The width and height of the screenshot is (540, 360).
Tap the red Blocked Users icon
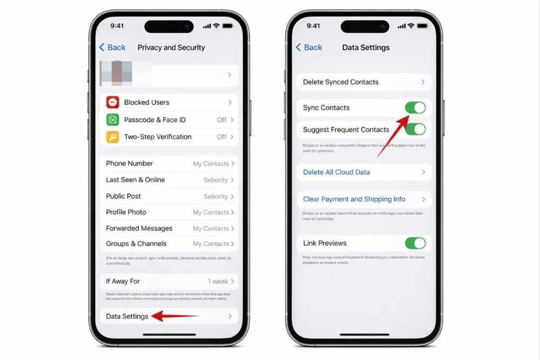pyautogui.click(x=112, y=103)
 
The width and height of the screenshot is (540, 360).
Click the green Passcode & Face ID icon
pyautogui.click(x=112, y=120)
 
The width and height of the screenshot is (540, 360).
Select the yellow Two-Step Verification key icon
pyautogui.click(x=112, y=137)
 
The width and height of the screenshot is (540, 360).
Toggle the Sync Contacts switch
pyautogui.click(x=415, y=108)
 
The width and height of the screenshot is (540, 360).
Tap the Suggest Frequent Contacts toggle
pyautogui.click(x=415, y=130)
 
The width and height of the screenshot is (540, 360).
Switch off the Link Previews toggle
pyautogui.click(x=415, y=243)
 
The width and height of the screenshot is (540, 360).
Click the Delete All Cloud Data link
pyautogui.click(x=336, y=172)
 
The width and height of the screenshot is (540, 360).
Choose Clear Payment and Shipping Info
pyautogui.click(x=354, y=199)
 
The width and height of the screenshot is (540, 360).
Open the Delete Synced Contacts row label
pyautogui.click(x=340, y=82)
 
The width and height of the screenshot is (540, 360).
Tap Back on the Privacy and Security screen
pyautogui.click(x=112, y=47)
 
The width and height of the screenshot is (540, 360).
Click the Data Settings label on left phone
pyautogui.click(x=127, y=316)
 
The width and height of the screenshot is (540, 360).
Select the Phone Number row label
pyautogui.click(x=129, y=164)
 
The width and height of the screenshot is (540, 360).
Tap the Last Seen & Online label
pyautogui.click(x=135, y=180)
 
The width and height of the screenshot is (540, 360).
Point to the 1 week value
pyautogui.click(x=218, y=282)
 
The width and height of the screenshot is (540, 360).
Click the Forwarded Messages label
pyautogui.click(x=139, y=228)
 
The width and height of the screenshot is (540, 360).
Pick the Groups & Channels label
pyautogui.click(x=136, y=244)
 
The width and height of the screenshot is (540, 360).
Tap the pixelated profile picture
pyautogui.click(x=116, y=74)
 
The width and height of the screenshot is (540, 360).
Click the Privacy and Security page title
pyautogui.click(x=171, y=47)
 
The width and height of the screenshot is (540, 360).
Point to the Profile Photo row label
pyautogui.click(x=126, y=212)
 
